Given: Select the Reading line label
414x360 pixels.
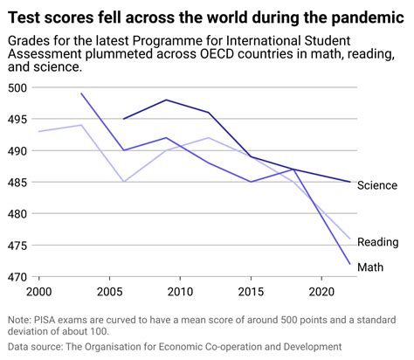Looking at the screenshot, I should (378, 241).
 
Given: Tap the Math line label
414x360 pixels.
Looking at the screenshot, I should (372, 266).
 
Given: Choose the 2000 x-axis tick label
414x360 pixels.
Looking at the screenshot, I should (38, 290).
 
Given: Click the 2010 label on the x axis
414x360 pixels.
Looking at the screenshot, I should (180, 290).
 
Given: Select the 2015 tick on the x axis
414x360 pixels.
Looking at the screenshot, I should (251, 290).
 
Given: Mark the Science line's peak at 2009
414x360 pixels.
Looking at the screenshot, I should (166, 100).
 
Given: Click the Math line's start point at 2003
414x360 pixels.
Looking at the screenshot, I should (81, 93).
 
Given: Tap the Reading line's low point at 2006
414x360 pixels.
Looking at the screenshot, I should (123, 182).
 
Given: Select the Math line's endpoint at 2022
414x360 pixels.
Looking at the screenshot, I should (349, 264).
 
